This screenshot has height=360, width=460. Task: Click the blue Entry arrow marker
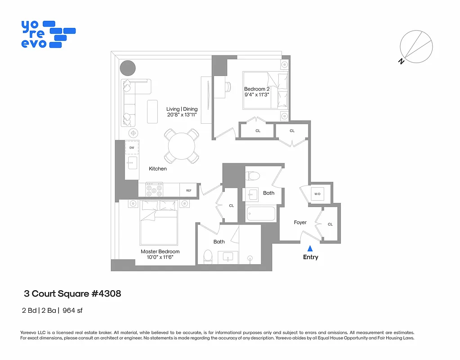pyautogui.click(x=310, y=248)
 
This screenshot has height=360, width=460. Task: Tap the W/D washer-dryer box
pyautogui.click(x=317, y=194)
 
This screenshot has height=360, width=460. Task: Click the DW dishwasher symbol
pyautogui.click(x=132, y=148)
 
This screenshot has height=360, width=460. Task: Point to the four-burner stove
pyautogui.click(x=154, y=190)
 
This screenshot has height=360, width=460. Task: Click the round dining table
pyautogui.click(x=182, y=146)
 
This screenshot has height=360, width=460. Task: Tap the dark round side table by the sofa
pyautogui.click(x=128, y=68)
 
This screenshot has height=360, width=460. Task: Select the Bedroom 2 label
pyautogui.click(x=257, y=89)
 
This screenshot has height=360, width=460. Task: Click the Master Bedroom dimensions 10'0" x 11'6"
pyautogui.click(x=160, y=257)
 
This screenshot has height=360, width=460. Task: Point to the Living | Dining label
pyautogui.click(x=182, y=109)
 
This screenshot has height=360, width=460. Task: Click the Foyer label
pyautogui.click(x=300, y=222)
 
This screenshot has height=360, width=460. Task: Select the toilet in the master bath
pyautogui.click(x=208, y=256)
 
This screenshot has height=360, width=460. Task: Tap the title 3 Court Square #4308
pyautogui.click(x=72, y=294)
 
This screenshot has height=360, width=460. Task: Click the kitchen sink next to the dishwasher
pyautogui.click(x=132, y=163)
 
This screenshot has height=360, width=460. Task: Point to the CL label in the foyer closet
pyautogui.click(x=330, y=224)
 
